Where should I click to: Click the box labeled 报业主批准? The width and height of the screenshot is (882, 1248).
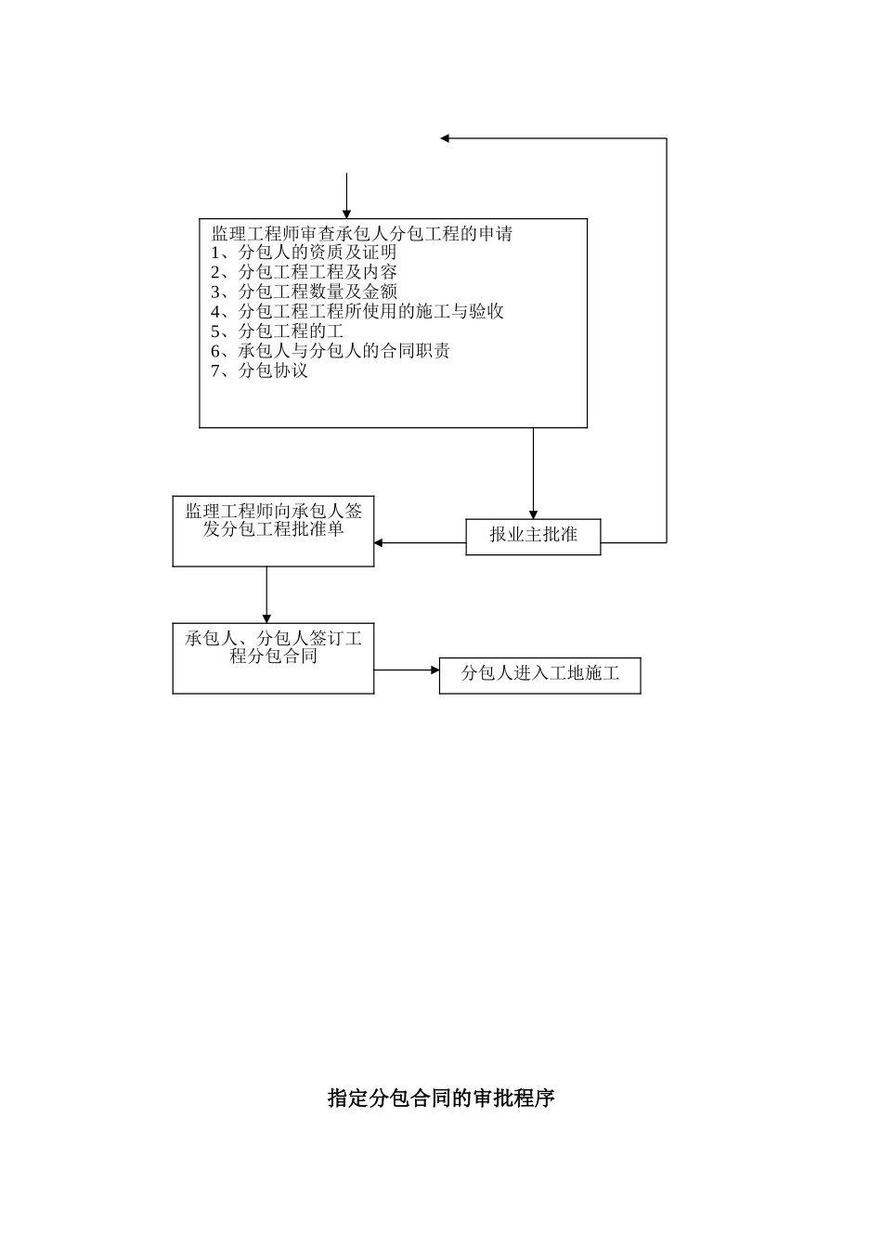tap(533, 536)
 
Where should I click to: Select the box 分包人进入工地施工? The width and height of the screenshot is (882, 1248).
tap(539, 674)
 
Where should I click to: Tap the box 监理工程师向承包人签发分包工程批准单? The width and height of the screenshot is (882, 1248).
tap(273, 531)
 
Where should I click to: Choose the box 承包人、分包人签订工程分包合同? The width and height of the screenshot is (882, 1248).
tap(273, 657)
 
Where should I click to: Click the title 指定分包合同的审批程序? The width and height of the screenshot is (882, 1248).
tap(441, 1098)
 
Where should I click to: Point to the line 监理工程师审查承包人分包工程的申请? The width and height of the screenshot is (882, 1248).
tap(362, 233)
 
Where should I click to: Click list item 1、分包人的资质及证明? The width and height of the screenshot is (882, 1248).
tap(304, 253)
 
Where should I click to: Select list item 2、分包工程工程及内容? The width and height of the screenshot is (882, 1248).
tap(304, 272)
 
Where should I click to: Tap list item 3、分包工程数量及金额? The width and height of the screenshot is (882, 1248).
tap(304, 292)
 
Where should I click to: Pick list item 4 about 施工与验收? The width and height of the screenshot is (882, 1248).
tap(357, 311)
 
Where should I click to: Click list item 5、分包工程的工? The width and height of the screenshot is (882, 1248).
tap(277, 331)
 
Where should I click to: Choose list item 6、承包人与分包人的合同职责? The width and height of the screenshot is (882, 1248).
tap(330, 351)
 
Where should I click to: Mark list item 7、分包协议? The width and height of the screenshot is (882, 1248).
tap(259, 370)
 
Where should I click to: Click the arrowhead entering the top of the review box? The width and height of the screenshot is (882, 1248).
tap(346, 214)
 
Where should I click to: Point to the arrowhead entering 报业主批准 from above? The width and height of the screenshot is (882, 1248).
tap(533, 513)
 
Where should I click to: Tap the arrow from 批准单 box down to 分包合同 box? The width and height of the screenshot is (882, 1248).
tap(266, 594)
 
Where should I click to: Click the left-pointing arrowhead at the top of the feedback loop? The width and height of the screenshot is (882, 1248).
tap(446, 138)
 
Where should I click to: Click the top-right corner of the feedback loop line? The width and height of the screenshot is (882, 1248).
tap(667, 138)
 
